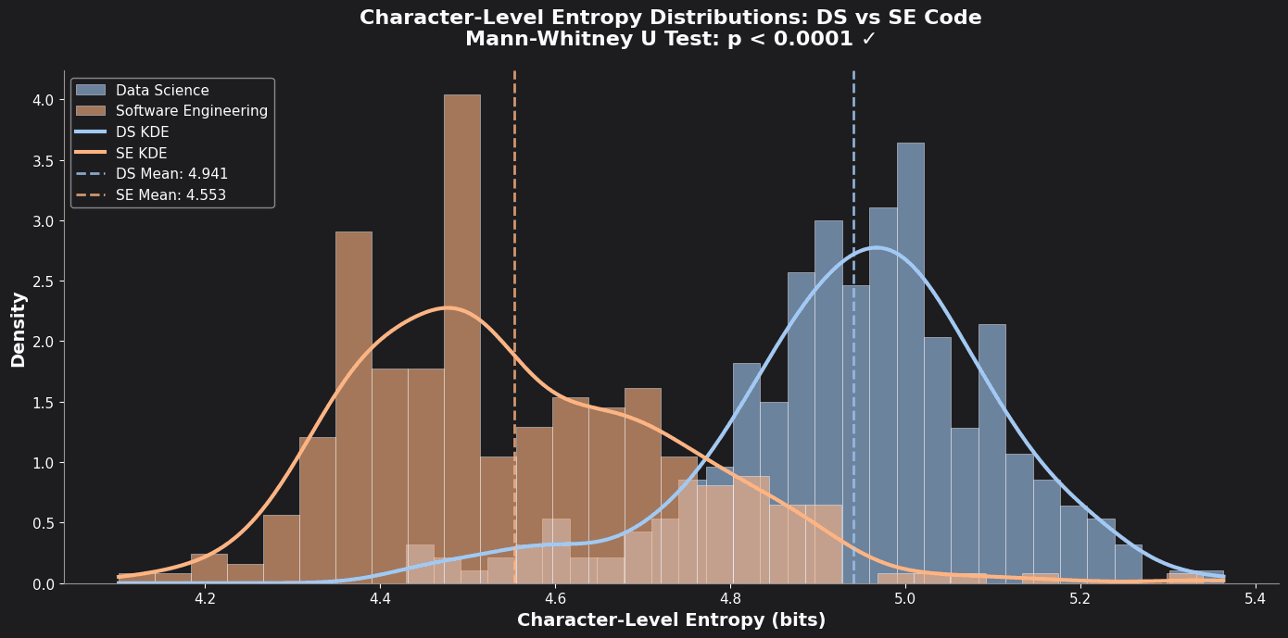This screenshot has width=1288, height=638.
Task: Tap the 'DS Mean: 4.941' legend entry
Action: click(171, 174)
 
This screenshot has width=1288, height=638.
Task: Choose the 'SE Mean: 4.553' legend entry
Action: click(170, 195)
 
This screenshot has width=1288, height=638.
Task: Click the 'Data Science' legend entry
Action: click(162, 91)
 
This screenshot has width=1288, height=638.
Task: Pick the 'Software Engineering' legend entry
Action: click(191, 111)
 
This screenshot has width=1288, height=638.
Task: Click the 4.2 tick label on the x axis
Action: click(205, 599)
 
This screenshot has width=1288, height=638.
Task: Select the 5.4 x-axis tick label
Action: click(1256, 599)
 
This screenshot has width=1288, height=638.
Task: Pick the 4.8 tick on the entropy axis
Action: click(730, 599)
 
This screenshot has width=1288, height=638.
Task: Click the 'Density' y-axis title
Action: click(19, 329)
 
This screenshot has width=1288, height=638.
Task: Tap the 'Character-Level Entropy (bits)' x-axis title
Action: click(671, 620)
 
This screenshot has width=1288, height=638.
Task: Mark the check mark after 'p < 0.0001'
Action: click(868, 40)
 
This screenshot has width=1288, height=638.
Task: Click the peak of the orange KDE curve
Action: click(448, 307)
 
